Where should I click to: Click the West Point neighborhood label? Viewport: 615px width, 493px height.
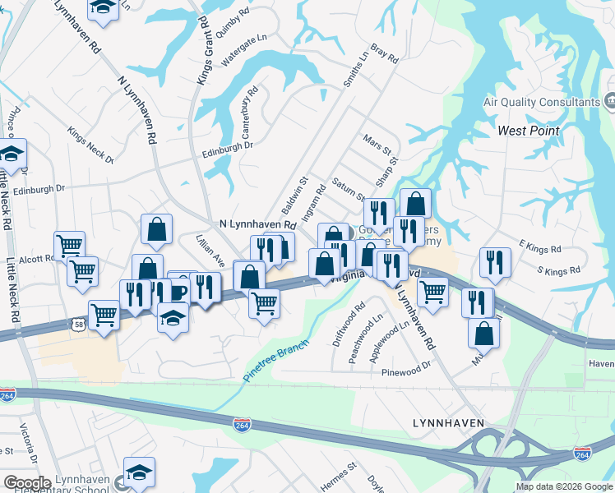(529, 131)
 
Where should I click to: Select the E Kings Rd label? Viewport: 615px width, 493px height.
(539, 246)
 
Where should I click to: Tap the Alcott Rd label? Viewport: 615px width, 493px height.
(39, 258)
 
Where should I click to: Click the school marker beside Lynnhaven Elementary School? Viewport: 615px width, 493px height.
(139, 472)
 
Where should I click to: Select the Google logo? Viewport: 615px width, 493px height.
(27, 482)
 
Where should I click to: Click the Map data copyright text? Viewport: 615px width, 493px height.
(564, 486)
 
